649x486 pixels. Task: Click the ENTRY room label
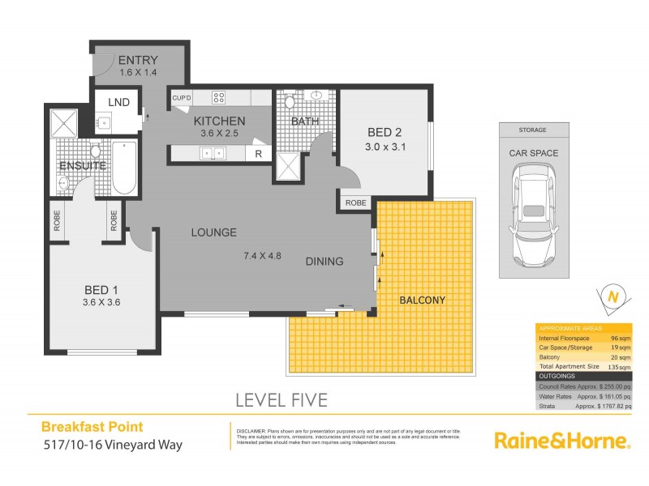[137, 60]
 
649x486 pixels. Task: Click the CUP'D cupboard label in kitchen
[181, 98]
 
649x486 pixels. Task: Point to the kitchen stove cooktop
[219, 98]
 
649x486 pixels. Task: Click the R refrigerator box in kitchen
[259, 153]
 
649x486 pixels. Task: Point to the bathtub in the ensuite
[123, 168]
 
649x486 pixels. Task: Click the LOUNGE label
[213, 232]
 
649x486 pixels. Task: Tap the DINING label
[324, 261]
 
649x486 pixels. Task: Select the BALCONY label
[422, 300]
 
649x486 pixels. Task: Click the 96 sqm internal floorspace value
[620, 337]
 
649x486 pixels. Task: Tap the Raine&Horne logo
[562, 441]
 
